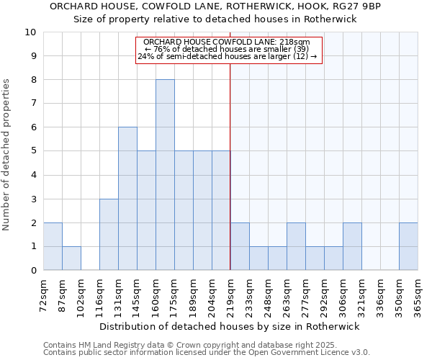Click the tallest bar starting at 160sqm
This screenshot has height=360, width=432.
coord(165,175)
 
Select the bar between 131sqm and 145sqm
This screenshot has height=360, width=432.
coord(127,199)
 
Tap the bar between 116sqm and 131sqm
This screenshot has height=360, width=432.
coord(109,235)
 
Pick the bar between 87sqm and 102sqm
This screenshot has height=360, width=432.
coord(71,258)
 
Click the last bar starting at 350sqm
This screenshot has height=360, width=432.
coord(408,246)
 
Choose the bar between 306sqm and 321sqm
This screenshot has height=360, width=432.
coord(352,246)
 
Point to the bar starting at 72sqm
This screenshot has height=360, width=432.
coord(53,246)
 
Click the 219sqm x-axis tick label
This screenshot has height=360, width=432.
coord(230,293)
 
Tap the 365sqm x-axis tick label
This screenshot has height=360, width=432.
coord(418,293)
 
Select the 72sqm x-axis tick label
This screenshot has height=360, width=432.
coord(43,293)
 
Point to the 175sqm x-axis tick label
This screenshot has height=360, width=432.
coord(174,293)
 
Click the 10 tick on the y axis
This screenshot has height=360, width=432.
coord(31,32)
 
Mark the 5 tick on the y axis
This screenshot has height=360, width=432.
coord(33,151)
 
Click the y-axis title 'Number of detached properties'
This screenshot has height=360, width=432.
coord(7,155)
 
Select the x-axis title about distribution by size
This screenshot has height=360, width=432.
coord(230,326)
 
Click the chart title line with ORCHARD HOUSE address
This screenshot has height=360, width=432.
coord(215,6)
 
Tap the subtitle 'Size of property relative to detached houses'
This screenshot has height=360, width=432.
coord(215,19)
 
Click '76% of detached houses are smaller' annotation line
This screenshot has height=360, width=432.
coord(227,49)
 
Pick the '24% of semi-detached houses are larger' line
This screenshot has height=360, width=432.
coord(227,56)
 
